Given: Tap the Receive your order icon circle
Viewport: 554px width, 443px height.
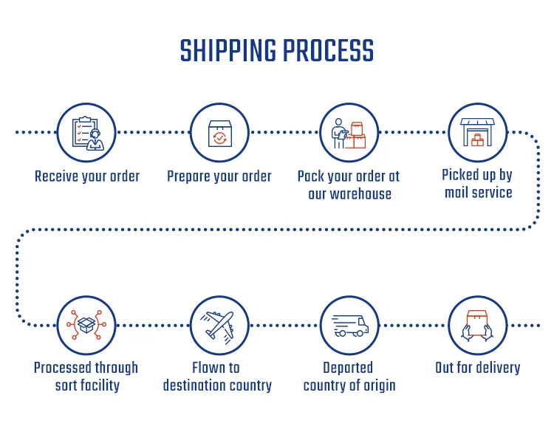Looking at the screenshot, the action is (86, 133).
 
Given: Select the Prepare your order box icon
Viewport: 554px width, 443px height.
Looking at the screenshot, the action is (219, 133).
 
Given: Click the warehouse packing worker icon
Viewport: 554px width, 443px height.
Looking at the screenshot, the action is (349, 133).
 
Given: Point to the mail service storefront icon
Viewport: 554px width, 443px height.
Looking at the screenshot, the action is (478, 133).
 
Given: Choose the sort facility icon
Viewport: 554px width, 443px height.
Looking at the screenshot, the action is (86, 325).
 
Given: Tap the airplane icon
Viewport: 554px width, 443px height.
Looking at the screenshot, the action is (219, 325).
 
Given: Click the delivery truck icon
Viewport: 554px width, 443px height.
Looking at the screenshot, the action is (349, 325).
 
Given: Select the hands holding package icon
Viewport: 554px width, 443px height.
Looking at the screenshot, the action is (478, 325).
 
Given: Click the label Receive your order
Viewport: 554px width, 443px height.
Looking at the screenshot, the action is (87, 176).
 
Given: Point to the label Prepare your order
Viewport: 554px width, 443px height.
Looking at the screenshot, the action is (219, 176).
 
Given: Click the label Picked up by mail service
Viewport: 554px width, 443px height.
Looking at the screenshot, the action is (478, 184).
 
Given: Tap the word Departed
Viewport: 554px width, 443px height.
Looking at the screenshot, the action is (348, 368).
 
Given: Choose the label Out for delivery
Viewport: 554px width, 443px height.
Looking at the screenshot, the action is (478, 368).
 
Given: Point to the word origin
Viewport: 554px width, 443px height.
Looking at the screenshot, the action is (378, 385).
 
